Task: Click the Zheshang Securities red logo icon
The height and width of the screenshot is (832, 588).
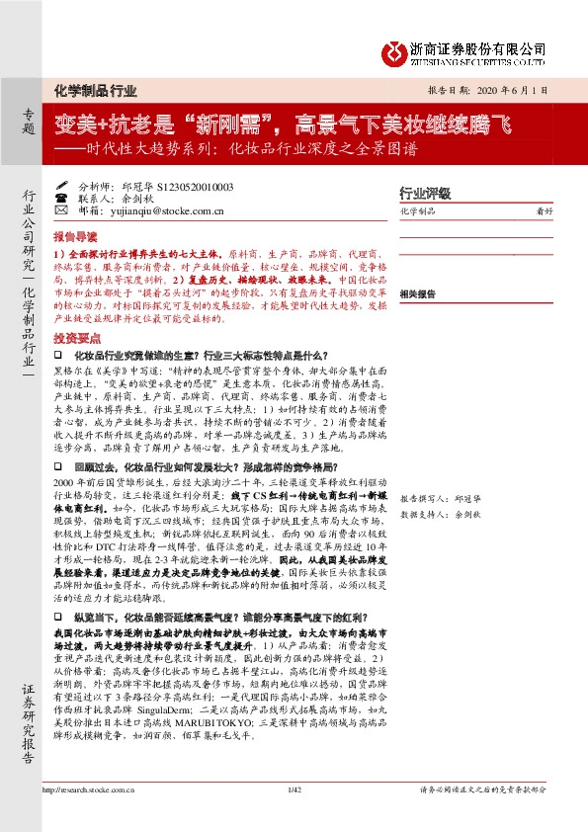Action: pos(400,49)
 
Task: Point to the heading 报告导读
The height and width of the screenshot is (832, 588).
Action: pos(75,237)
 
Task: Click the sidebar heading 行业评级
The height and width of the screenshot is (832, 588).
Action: pos(424,193)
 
